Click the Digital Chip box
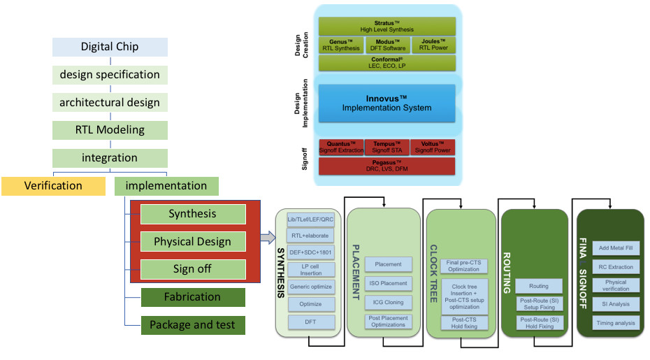[110, 47]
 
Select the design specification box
[110, 75]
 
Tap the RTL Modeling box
[110, 130]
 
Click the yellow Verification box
[53, 186]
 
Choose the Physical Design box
[192, 242]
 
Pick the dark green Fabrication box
[192, 297]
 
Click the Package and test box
[192, 325]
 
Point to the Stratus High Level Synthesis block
[387, 27]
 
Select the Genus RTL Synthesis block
[341, 45]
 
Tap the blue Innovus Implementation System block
[387, 103]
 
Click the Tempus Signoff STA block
[387, 147]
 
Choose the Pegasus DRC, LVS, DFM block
[387, 166]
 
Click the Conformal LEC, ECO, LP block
[387, 63]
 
